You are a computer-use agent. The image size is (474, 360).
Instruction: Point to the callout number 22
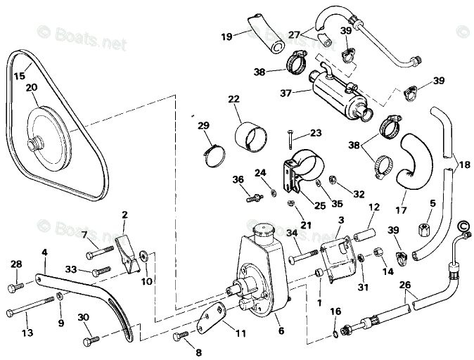233,101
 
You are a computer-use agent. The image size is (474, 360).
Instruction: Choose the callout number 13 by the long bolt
28,333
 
